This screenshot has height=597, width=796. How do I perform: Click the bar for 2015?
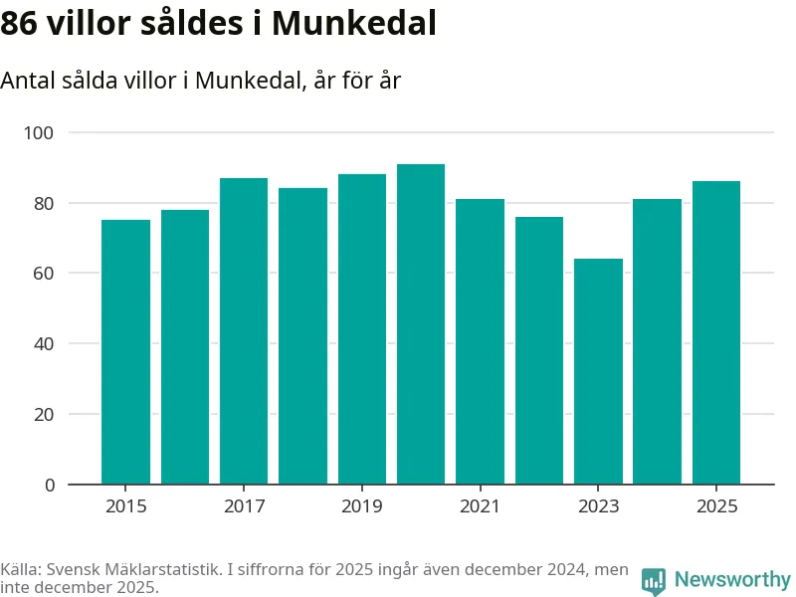click(x=125, y=352)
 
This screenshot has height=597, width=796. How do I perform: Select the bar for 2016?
click(x=185, y=347)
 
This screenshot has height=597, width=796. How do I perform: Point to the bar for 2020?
click(x=421, y=324)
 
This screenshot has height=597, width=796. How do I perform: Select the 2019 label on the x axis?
click(x=362, y=507)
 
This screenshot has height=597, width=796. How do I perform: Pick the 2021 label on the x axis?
click(x=480, y=507)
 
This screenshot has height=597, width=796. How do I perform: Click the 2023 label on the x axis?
click(x=598, y=507)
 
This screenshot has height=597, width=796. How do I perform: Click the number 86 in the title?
click(x=19, y=24)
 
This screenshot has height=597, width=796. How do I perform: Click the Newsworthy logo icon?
click(x=654, y=581)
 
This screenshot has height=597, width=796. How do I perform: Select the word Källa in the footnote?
click(x=22, y=570)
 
